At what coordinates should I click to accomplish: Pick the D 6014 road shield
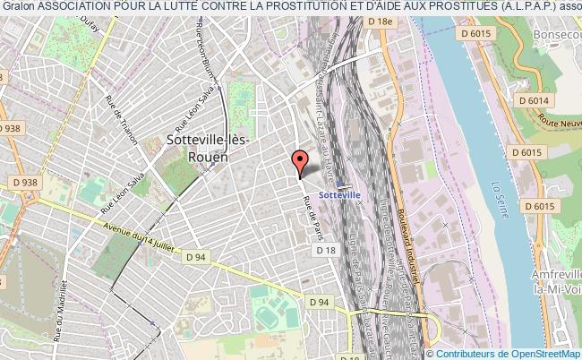pos(535,101)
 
